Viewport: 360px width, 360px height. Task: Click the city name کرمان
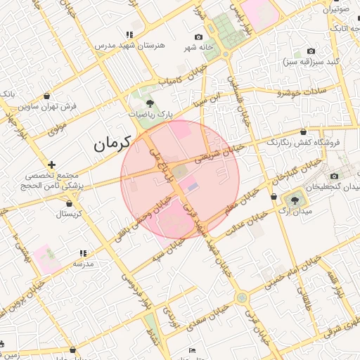(x=113, y=144)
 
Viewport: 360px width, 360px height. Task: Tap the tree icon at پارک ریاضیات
(x=148, y=103)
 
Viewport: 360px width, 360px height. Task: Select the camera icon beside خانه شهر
(x=198, y=37)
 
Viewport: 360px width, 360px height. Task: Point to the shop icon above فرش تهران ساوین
(x=46, y=96)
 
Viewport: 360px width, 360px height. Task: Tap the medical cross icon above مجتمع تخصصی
(x=51, y=165)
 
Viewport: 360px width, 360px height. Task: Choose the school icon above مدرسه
(x=83, y=253)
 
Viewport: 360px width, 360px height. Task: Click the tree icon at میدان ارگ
(x=295, y=200)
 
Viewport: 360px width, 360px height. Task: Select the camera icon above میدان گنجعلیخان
(x=334, y=176)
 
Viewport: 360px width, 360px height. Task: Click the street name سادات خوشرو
(x=298, y=91)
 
